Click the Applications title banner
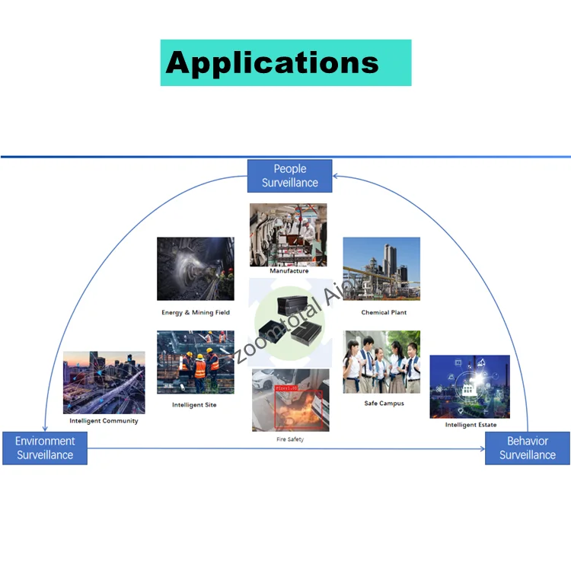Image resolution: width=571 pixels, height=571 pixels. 285,62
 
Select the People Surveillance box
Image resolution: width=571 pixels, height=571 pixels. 290,176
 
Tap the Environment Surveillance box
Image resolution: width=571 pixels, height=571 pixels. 45,448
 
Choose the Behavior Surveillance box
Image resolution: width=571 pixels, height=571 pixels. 527,448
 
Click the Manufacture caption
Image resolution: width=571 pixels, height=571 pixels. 289,271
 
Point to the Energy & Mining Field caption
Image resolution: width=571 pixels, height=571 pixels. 196,312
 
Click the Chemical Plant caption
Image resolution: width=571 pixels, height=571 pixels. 384,312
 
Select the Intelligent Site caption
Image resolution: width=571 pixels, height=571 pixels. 194,405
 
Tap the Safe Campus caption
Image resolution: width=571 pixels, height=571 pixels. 384,404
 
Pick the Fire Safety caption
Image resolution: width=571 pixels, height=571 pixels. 290,440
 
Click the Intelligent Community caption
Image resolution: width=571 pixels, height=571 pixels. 104,421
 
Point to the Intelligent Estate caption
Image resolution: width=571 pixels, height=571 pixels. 471,425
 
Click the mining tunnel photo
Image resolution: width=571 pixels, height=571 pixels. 196,269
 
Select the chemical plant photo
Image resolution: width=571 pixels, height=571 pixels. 381,269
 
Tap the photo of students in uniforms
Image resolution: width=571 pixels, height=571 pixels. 381,362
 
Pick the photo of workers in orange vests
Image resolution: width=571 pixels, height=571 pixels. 196,362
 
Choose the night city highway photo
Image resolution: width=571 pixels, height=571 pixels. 104,382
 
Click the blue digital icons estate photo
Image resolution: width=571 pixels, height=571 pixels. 470,386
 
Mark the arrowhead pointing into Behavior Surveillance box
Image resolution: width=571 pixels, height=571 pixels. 481,448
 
